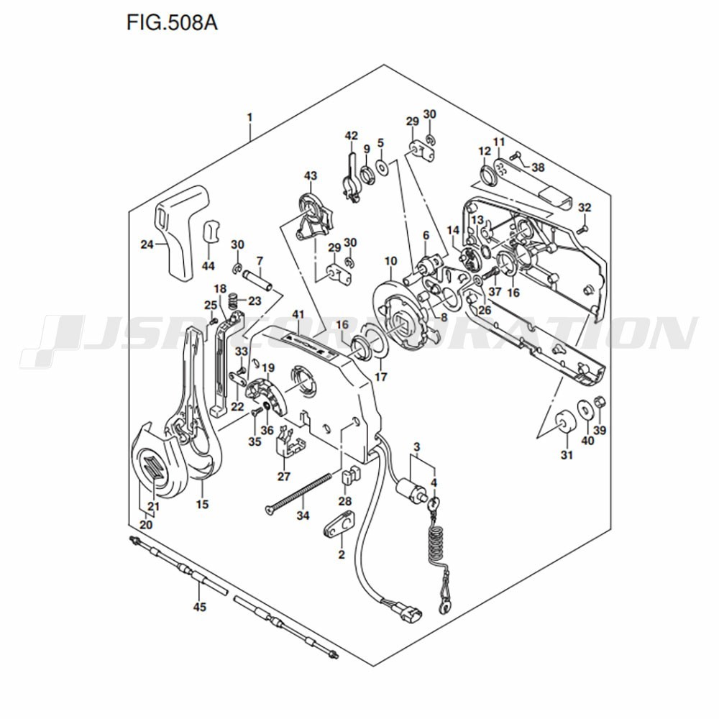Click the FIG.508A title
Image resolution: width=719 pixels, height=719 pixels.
(172, 22)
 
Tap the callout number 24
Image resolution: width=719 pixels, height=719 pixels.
(147, 244)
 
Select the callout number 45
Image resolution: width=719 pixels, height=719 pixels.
(199, 607)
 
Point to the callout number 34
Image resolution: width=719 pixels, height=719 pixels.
(303, 516)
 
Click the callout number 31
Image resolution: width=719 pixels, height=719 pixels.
(567, 455)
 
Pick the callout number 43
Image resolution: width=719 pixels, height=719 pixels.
(311, 175)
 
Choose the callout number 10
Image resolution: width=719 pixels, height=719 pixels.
(390, 262)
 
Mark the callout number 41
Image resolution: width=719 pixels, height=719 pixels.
(298, 315)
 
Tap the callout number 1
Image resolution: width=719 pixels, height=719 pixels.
(250, 118)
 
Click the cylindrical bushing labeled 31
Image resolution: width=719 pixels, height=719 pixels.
(564, 421)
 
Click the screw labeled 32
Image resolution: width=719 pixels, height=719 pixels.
(583, 229)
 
